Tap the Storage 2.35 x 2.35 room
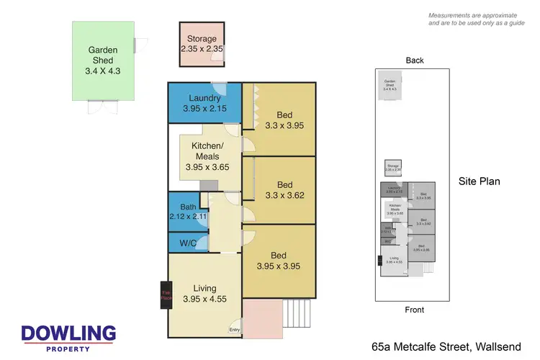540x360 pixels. (202, 44)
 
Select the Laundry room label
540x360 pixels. (204, 104)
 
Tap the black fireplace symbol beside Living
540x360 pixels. (163, 294)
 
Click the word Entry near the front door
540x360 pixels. (235, 330)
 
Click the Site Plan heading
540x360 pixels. (479, 181)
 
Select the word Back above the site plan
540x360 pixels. (415, 60)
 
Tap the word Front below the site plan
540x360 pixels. (414, 310)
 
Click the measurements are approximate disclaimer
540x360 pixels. (475, 19)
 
